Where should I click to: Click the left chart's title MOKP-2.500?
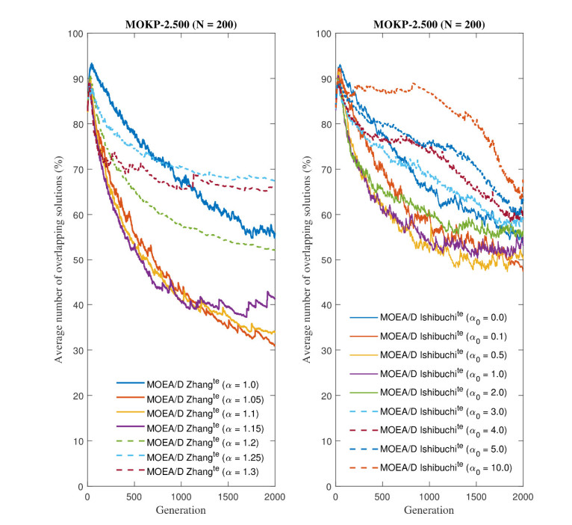[181, 24]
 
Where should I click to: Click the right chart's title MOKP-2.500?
[429, 24]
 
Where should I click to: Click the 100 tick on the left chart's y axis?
[75, 34]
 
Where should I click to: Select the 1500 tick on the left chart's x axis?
[228, 497]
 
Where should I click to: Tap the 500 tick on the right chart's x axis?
[382, 497]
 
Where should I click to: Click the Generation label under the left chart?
[181, 510]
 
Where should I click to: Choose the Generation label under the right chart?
[429, 510]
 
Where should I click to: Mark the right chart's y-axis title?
[307, 260]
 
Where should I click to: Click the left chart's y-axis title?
[58, 260]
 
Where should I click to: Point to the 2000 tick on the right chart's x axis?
[522, 497]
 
